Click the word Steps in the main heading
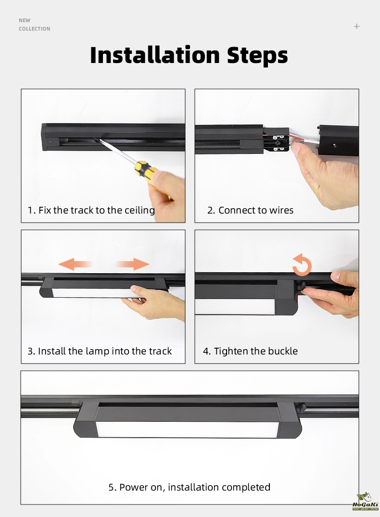pos(257,56)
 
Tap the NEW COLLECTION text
pos(34,25)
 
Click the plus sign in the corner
pos(356,26)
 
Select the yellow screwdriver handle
pos(147,172)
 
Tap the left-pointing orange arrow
pos(75,264)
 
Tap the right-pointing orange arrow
pos(133,264)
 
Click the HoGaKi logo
pos(366,502)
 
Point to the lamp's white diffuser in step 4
pos(235,307)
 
